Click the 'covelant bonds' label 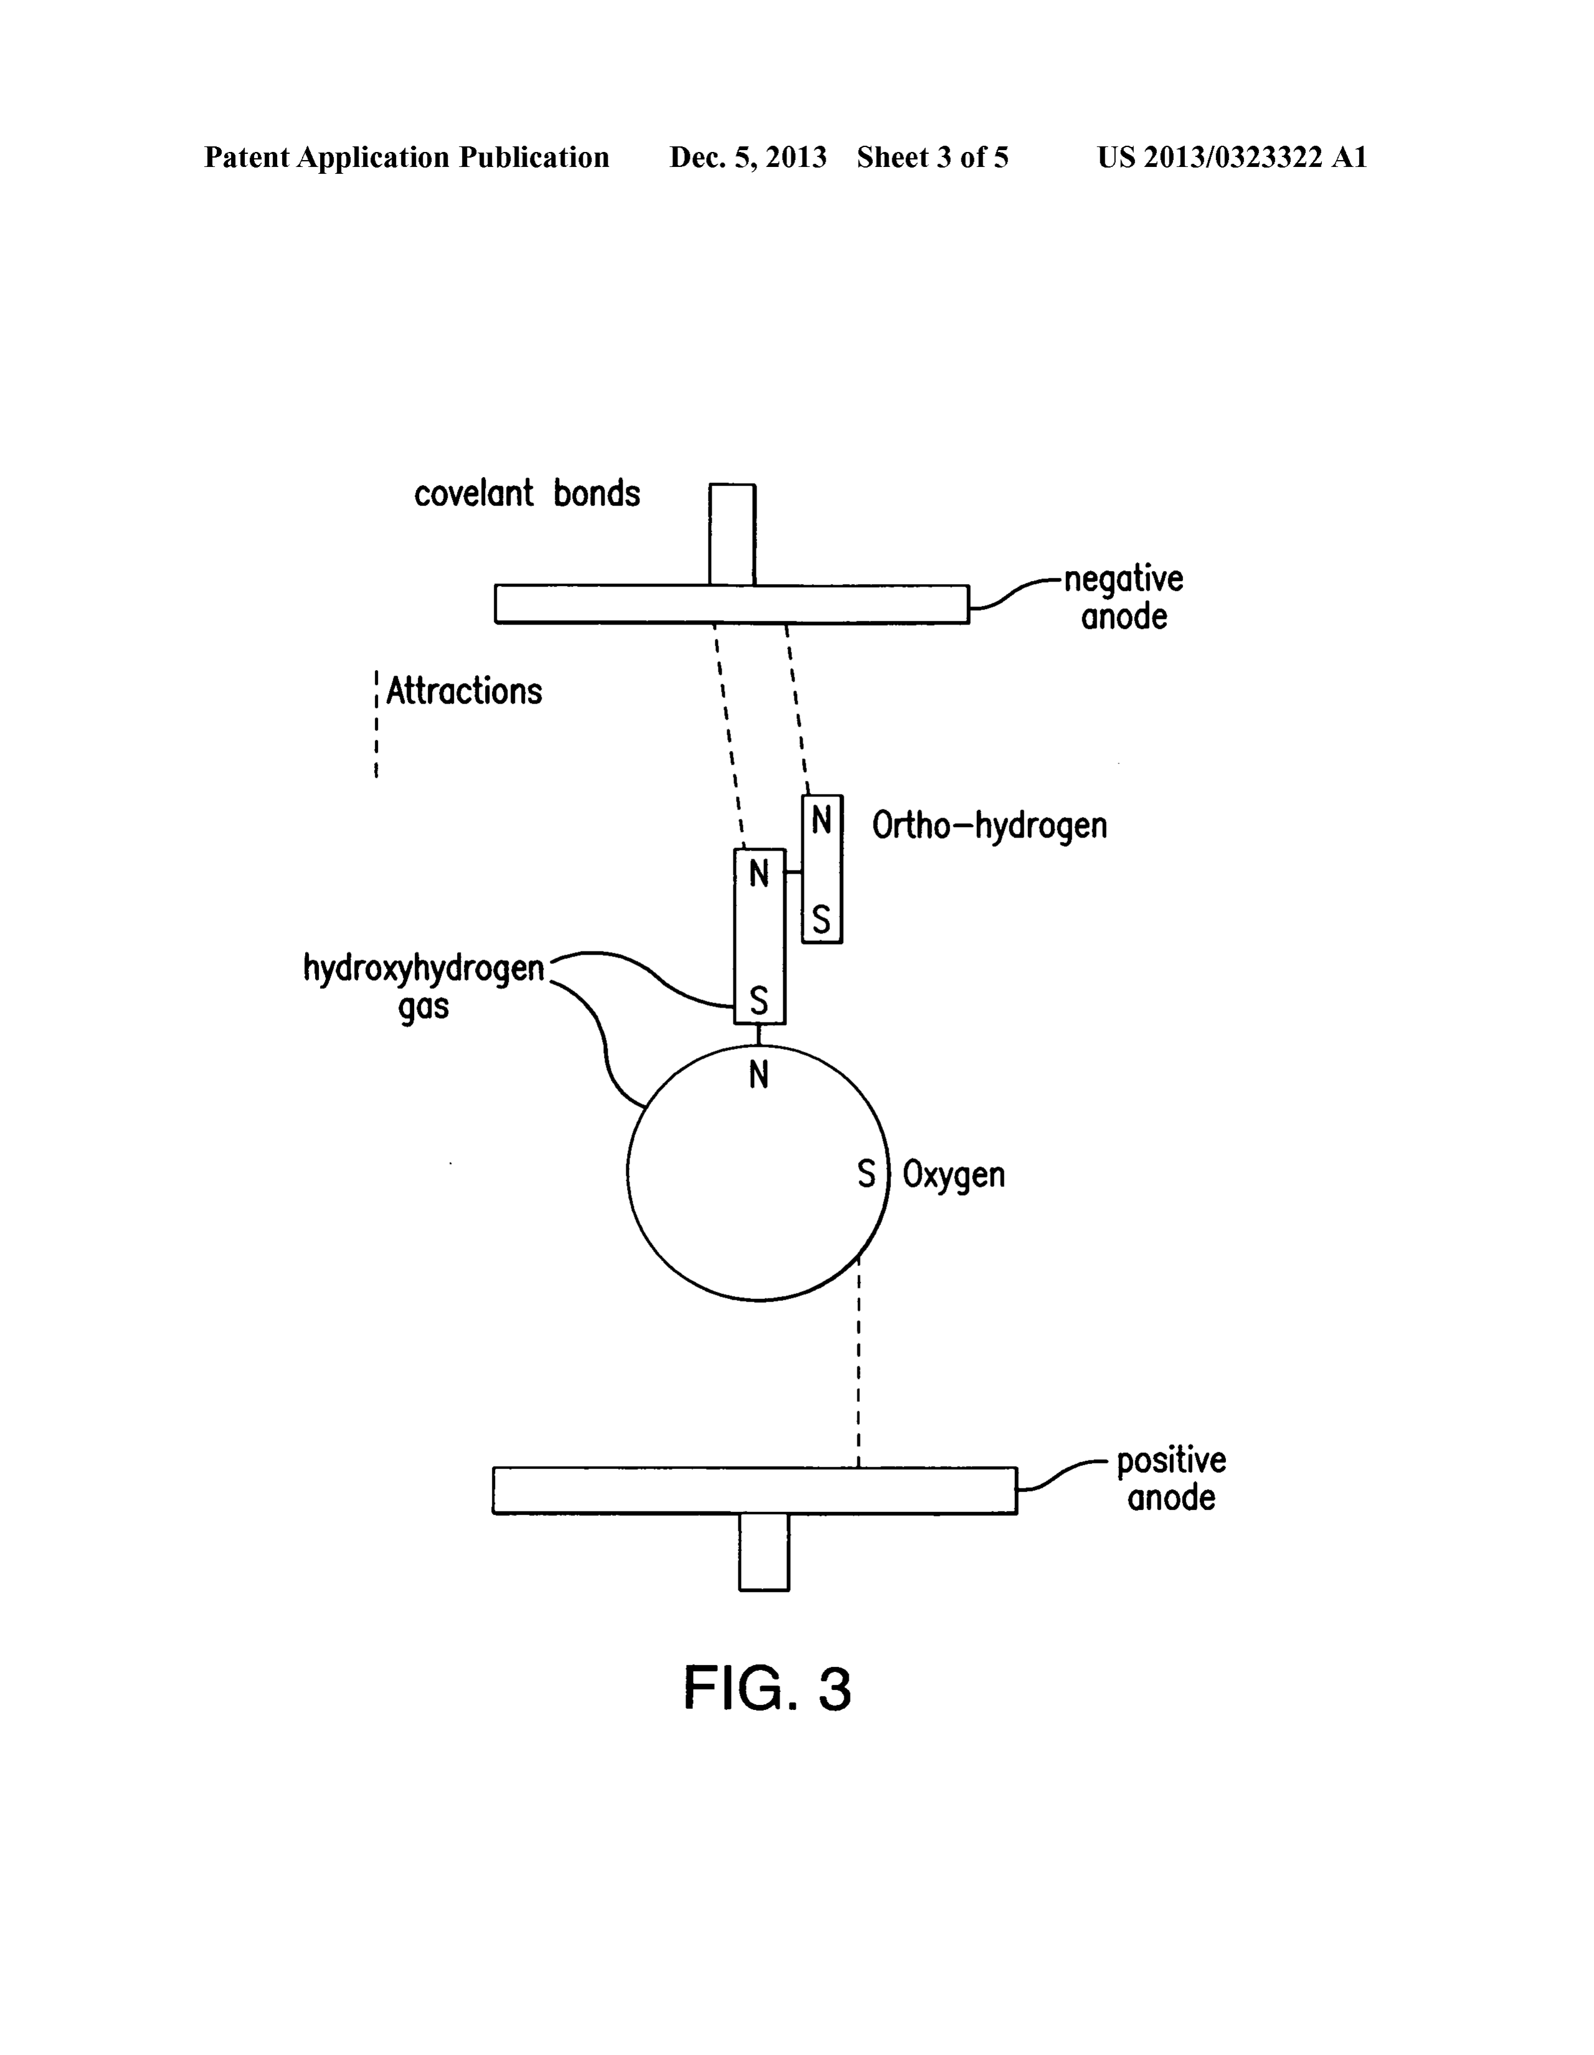(x=527, y=493)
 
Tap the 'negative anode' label (x=1123, y=597)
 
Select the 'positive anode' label (x=1171, y=1479)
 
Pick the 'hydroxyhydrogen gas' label (x=423, y=986)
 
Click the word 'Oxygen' (x=954, y=1175)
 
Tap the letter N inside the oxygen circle (x=758, y=1075)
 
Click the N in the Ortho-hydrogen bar (x=821, y=821)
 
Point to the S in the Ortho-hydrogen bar (x=821, y=919)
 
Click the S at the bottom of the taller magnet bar (x=758, y=1000)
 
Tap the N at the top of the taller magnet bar (x=758, y=874)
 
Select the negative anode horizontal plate (x=732, y=604)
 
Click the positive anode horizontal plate (x=755, y=1490)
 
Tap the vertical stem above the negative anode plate (x=732, y=534)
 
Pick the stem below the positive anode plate (x=764, y=1552)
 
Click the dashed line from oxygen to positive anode (x=858, y=1361)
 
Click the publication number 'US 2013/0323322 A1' (x=1232, y=157)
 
